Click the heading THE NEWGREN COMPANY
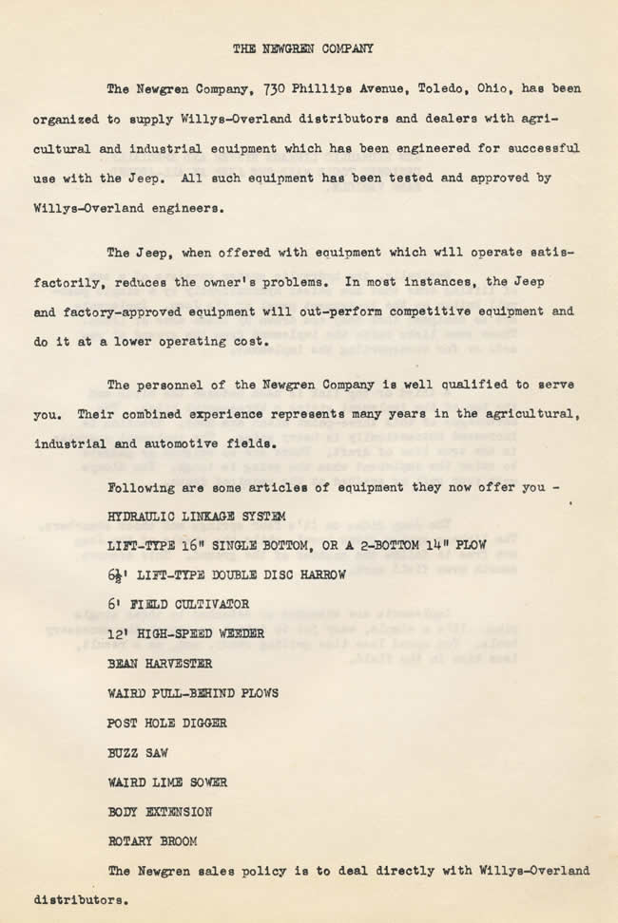303,47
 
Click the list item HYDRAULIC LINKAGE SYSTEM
197,517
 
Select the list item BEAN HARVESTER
161,664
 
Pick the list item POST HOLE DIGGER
167,723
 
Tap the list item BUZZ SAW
139,752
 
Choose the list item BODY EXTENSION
160,812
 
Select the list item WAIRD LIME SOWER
167,782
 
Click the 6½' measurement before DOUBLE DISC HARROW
119,575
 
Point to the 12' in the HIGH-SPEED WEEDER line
120,633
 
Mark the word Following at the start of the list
144,487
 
